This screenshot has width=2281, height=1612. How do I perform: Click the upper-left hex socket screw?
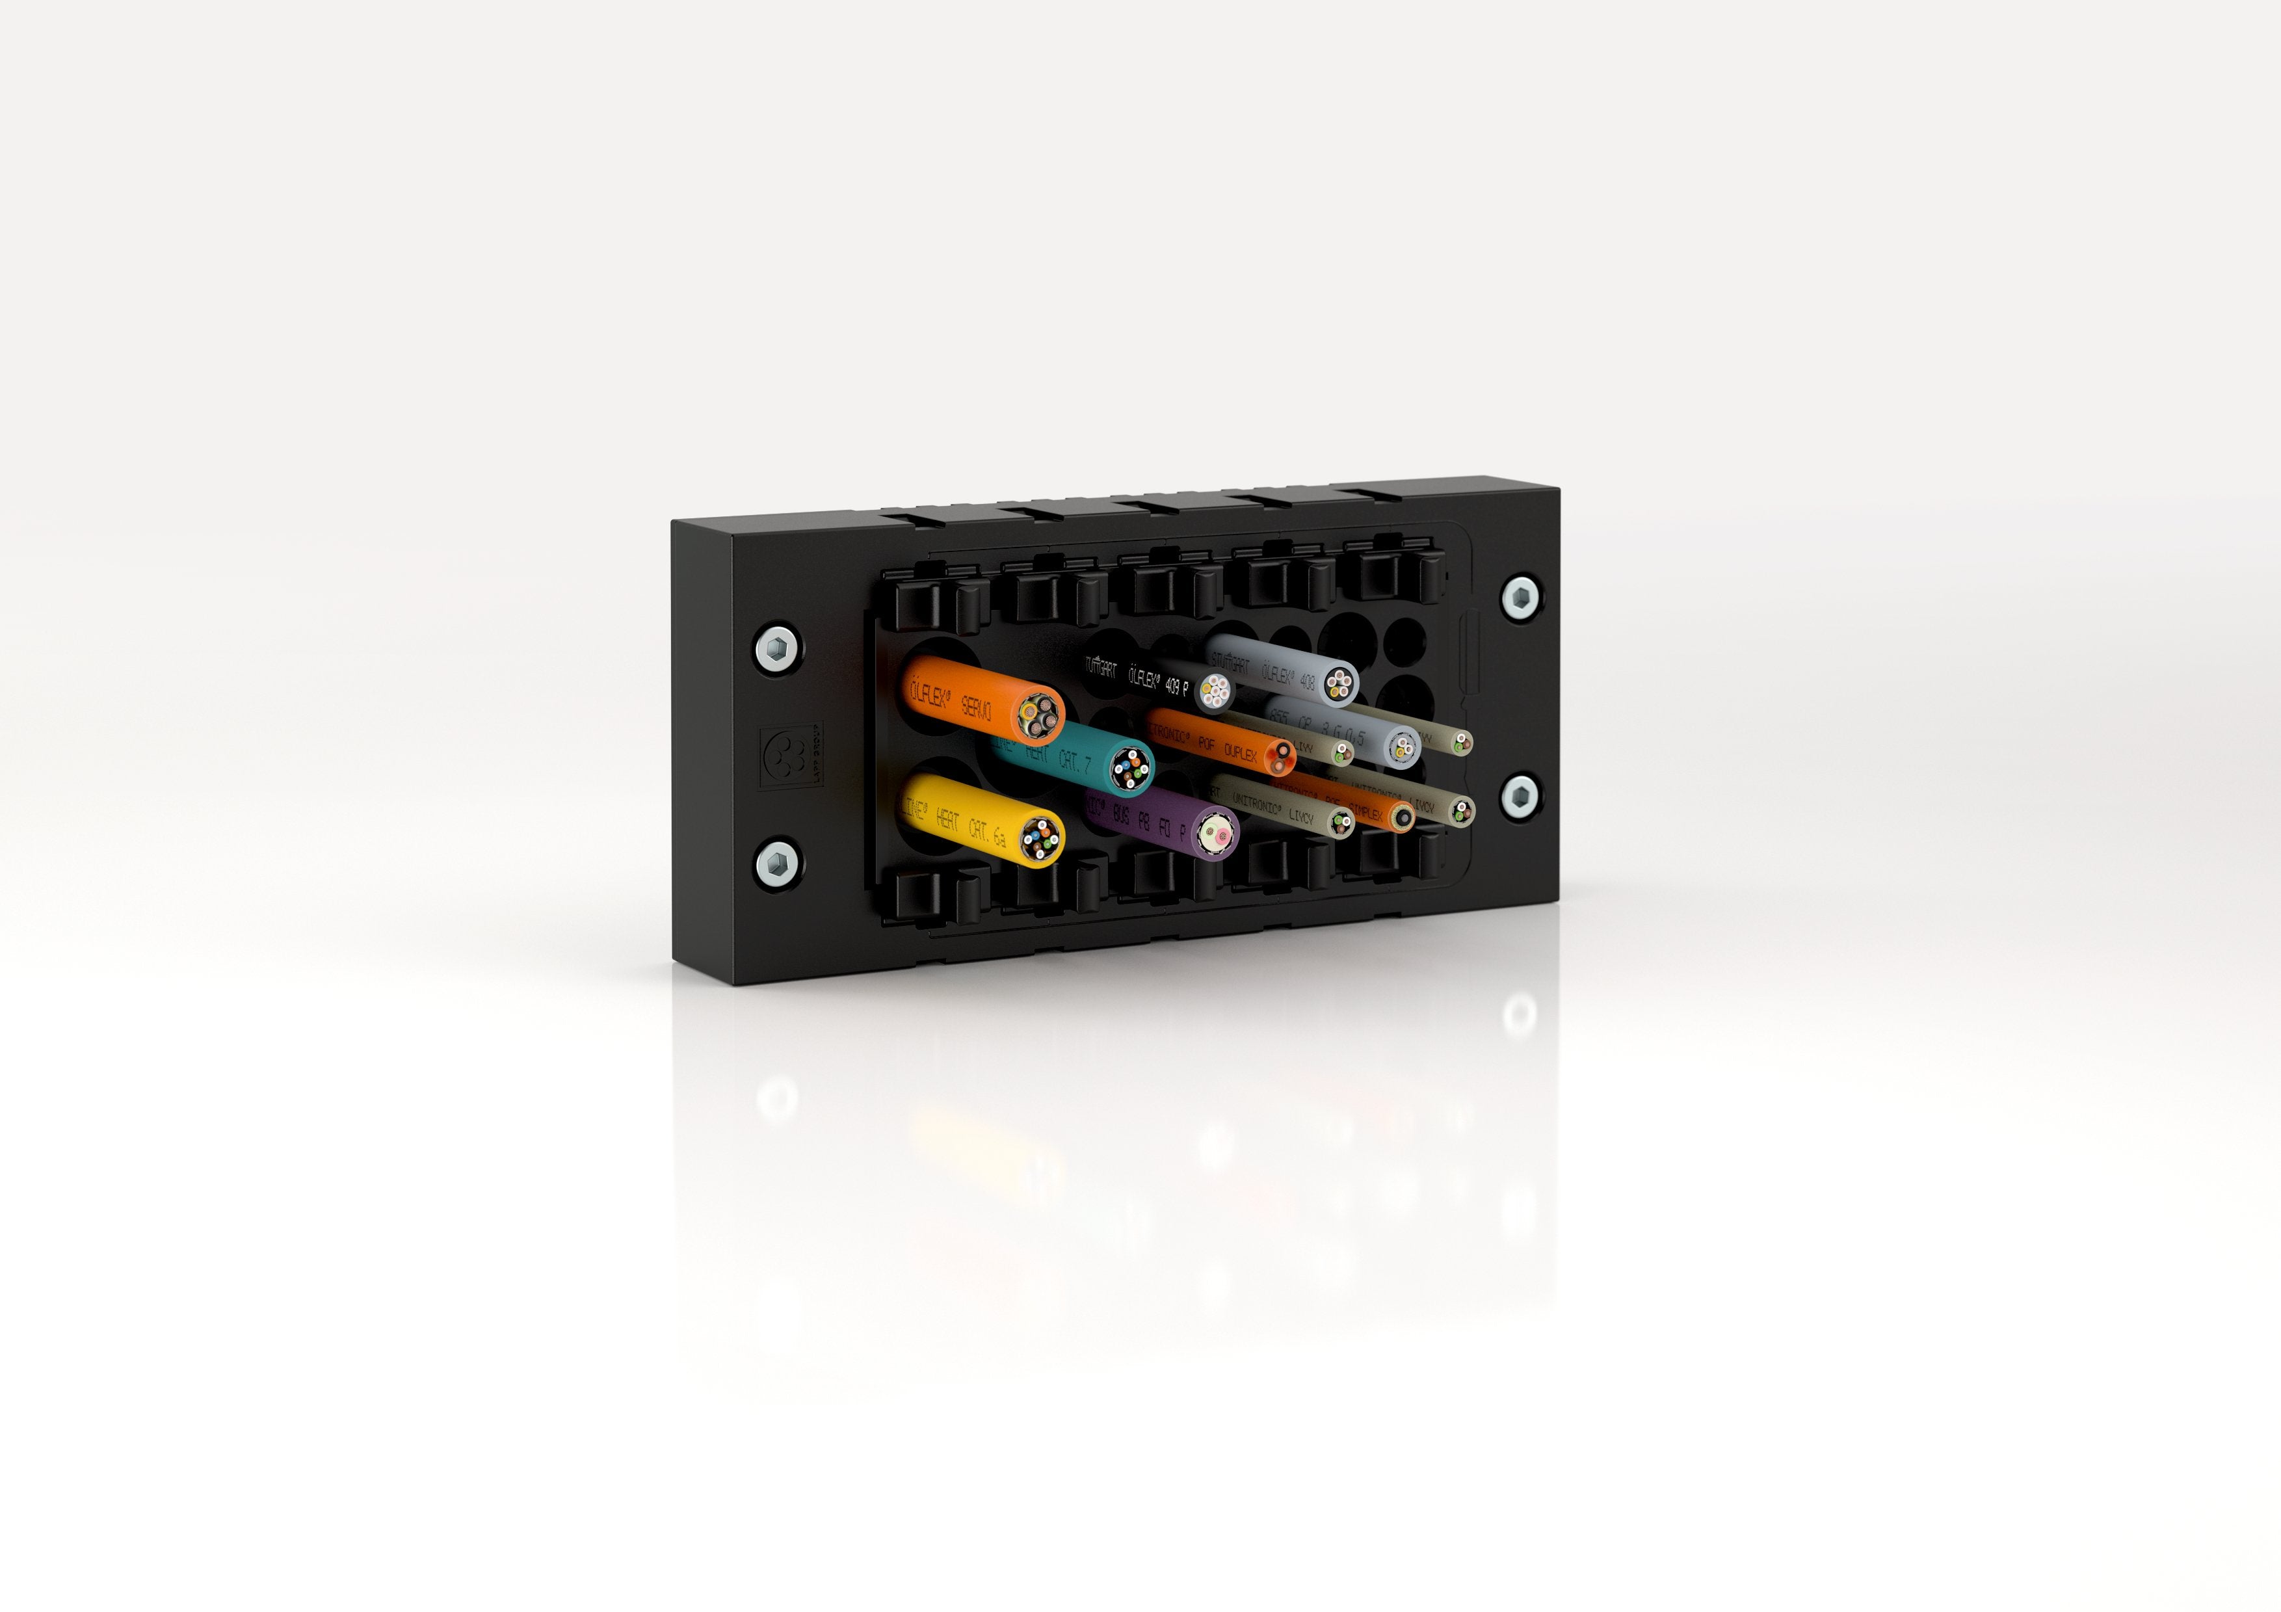pos(778,650)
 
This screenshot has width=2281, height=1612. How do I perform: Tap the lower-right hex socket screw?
pos(1520,795)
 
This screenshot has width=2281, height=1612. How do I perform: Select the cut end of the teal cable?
pos(1129,768)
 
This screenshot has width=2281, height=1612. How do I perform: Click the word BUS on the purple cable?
pos(1120,817)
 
